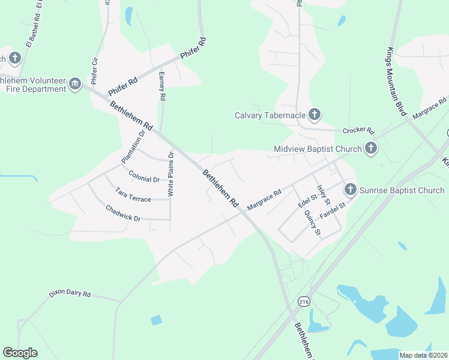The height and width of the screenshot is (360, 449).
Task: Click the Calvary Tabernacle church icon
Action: point(315,115)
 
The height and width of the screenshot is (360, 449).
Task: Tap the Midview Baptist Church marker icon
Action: point(370,148)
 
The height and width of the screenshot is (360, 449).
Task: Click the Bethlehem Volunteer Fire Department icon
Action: point(75,84)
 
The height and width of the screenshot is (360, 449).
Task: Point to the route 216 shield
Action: point(304,301)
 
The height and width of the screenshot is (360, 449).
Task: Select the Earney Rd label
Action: point(161,88)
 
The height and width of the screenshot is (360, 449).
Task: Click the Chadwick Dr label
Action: point(122,214)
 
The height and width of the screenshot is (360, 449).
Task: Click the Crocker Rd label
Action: point(358,130)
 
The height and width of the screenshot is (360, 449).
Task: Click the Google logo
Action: point(20,353)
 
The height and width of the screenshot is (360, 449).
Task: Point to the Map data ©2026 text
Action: point(424,355)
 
